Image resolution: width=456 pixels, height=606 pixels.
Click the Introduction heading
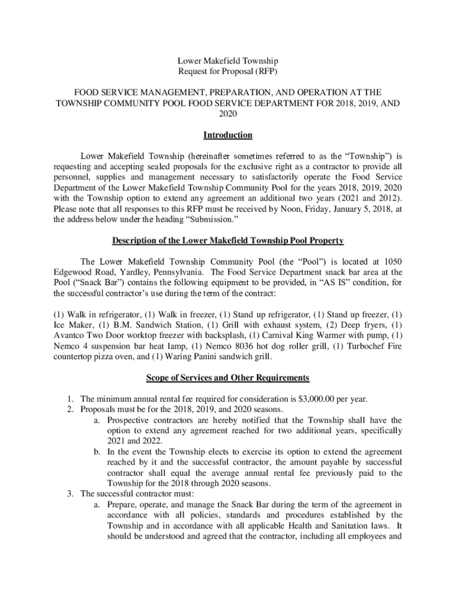pos(228,136)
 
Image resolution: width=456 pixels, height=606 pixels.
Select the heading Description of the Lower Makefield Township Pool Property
pos(228,241)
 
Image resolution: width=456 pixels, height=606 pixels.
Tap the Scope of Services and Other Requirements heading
pos(228,378)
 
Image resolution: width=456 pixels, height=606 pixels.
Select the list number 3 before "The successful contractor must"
pos(72,494)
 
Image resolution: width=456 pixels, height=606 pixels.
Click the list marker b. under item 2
pos(98,452)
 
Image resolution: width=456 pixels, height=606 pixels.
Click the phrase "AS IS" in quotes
pos(333,283)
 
